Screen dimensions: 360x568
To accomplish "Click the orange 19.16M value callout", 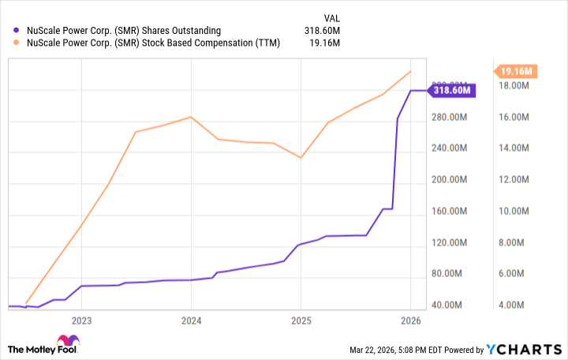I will click(x=518, y=72).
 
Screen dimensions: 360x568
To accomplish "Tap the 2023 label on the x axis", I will click(x=81, y=321).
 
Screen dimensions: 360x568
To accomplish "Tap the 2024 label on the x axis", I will click(x=191, y=321).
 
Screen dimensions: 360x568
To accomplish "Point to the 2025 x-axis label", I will click(x=300, y=321).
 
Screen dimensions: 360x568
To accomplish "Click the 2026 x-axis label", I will click(x=410, y=321).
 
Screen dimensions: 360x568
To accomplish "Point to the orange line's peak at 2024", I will click(x=191, y=117).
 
